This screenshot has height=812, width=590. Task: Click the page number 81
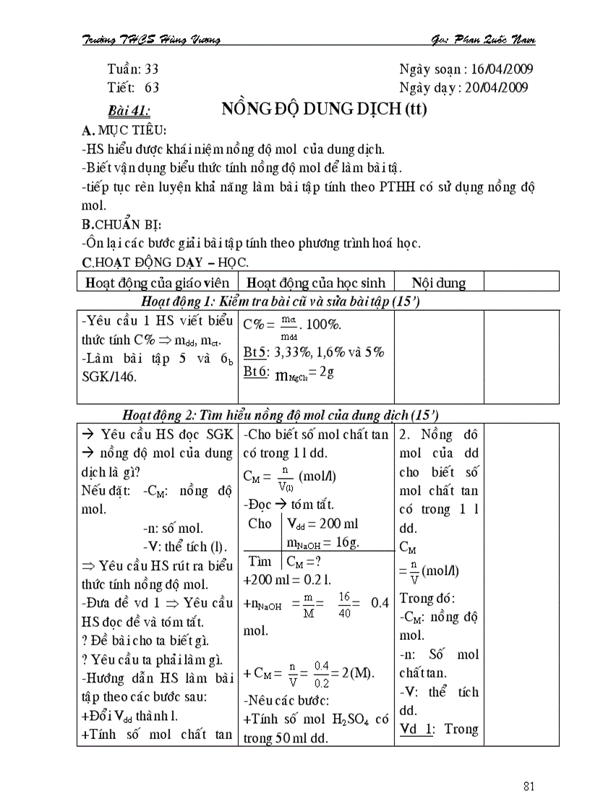pyautogui.click(x=527, y=786)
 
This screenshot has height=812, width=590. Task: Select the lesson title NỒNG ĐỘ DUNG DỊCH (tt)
pyautogui.click(x=324, y=110)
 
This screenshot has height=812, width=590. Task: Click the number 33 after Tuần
pyautogui.click(x=151, y=69)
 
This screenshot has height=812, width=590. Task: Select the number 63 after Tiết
pyautogui.click(x=152, y=87)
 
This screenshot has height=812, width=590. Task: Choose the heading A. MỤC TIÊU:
pyautogui.click(x=124, y=131)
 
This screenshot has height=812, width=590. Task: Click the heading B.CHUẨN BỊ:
pyautogui.click(x=122, y=224)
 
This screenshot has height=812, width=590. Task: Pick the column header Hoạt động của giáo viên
pyautogui.click(x=157, y=283)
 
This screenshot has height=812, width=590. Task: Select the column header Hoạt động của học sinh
pyautogui.click(x=315, y=283)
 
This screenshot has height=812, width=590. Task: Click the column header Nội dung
pyautogui.click(x=439, y=283)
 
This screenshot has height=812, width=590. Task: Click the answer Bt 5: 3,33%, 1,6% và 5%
pyautogui.click(x=314, y=353)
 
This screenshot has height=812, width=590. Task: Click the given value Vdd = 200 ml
pyautogui.click(x=322, y=523)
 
